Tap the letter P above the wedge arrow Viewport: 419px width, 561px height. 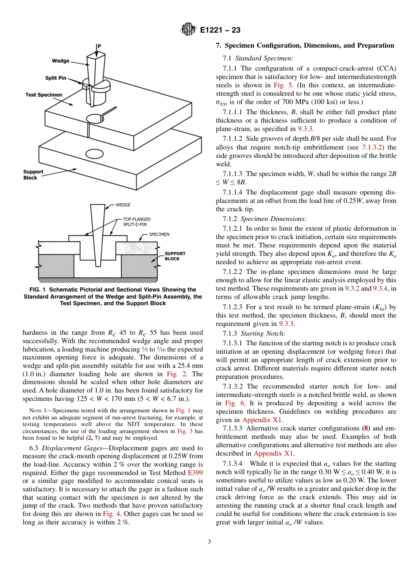[x=99, y=45]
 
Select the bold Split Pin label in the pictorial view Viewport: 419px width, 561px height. [x=56, y=78]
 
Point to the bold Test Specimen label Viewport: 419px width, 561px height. [x=44, y=95]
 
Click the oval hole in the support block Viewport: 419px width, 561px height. [x=94, y=153]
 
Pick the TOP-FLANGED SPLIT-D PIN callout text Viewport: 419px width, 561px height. [x=137, y=222]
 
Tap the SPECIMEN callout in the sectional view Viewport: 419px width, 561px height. [x=159, y=234]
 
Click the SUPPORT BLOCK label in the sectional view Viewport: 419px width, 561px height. [x=175, y=256]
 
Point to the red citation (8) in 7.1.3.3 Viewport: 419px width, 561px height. [x=365, y=428]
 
